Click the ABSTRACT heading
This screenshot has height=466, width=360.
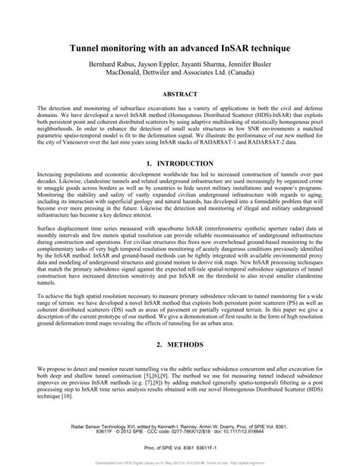click(180, 95)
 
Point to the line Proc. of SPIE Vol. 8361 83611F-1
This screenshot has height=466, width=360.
click(180, 449)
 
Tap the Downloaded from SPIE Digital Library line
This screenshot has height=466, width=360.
click(180, 461)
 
